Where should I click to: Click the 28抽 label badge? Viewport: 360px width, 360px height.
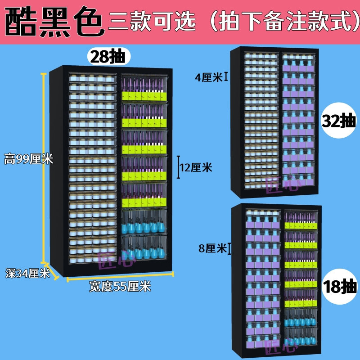109,57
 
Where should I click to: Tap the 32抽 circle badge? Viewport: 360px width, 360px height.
339,120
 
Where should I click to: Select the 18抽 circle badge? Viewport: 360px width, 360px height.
340,286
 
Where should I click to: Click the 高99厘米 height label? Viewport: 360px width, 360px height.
28,159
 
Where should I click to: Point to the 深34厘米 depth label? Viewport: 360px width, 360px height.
27,273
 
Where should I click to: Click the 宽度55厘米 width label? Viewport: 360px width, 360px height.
120,286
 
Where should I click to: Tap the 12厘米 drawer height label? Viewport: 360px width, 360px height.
196,167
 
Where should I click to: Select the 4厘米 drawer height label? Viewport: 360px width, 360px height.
208,77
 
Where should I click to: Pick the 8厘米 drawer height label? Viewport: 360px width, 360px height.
212,248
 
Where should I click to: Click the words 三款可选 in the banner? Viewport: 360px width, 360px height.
152,21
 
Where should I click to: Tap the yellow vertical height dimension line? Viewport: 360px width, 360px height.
43,168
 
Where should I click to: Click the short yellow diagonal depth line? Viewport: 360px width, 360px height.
51,271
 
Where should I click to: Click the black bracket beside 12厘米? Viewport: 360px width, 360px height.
178,167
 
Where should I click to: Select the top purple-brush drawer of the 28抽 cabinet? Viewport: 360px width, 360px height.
144,88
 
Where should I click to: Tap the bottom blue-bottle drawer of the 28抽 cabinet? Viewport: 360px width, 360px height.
144,247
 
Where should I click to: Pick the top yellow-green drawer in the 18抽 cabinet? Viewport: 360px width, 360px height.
301,220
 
